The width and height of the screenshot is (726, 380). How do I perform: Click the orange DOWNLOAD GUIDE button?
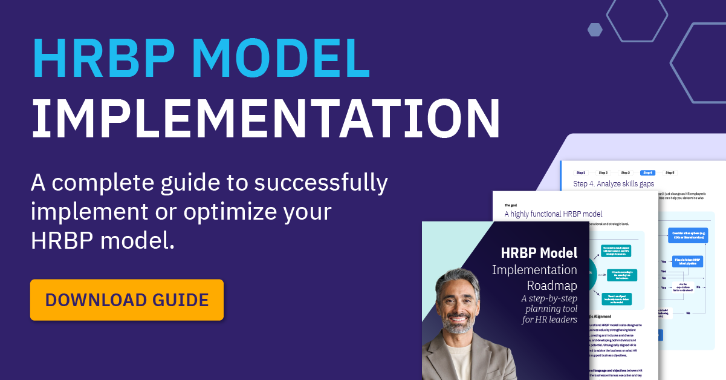(x=127, y=300)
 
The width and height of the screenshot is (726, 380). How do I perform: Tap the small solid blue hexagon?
(x=595, y=29)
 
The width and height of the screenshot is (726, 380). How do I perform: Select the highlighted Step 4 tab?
(x=647, y=172)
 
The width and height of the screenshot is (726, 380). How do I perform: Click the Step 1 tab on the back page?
(x=580, y=172)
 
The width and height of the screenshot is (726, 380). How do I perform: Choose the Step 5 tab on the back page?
(x=670, y=172)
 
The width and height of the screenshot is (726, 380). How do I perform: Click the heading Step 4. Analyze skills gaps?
(x=614, y=184)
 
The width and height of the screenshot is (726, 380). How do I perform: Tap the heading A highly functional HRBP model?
(x=553, y=214)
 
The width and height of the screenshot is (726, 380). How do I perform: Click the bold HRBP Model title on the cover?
(x=539, y=252)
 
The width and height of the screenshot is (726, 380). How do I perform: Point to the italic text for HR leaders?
(x=549, y=320)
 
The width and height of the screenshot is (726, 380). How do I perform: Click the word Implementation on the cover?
(x=534, y=269)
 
